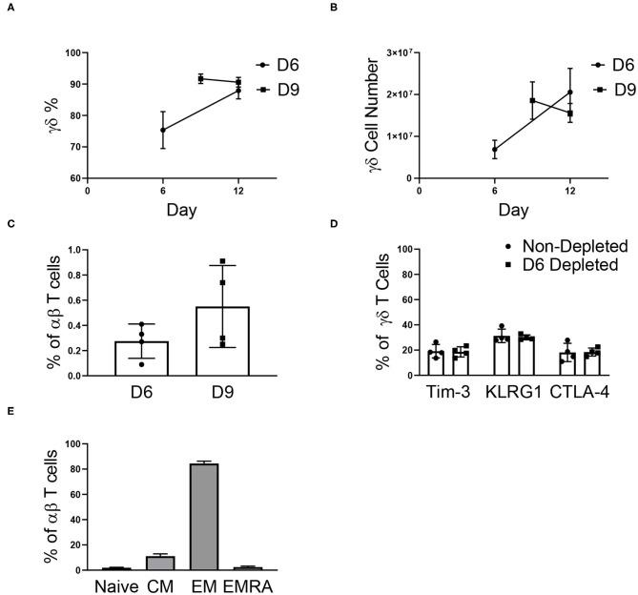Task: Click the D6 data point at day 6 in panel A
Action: [163, 130]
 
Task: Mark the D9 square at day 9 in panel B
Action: [532, 100]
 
